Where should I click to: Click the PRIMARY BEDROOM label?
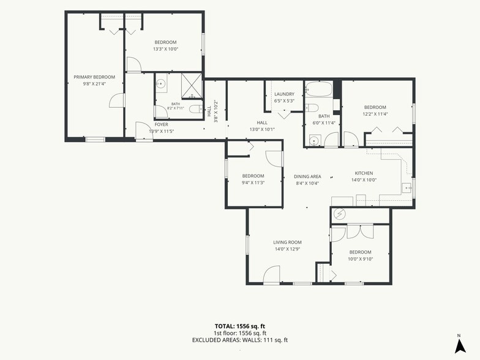click(x=94, y=77)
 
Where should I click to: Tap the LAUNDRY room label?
click(x=284, y=94)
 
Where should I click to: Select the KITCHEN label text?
click(x=364, y=173)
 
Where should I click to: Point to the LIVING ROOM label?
click(x=287, y=242)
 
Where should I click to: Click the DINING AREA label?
click(x=307, y=176)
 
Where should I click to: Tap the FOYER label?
click(x=162, y=125)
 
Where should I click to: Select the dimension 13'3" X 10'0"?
click(x=165, y=49)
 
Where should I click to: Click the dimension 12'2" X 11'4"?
click(x=375, y=114)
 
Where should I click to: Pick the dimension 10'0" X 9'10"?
click(x=360, y=258)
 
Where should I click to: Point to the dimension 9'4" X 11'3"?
click(x=253, y=182)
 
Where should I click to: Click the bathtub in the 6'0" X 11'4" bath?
click(x=318, y=89)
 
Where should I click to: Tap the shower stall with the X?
click(x=192, y=86)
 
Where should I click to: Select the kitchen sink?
click(x=407, y=187)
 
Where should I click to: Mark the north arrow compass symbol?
click(x=460, y=345)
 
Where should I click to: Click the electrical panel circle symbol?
click(x=339, y=214)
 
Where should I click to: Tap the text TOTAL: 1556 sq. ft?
click(x=240, y=326)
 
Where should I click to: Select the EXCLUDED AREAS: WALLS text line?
click(x=240, y=340)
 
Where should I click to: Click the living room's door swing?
click(x=272, y=274)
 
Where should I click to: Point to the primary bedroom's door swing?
click(x=116, y=100)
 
